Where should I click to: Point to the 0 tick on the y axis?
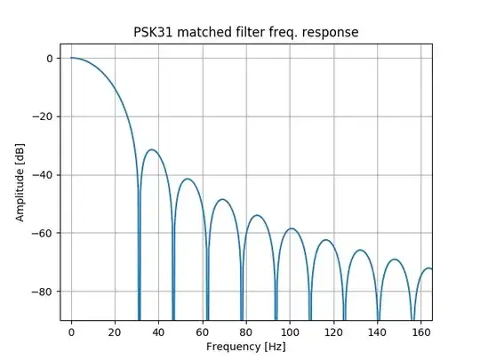click(49, 59)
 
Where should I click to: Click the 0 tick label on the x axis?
click(71, 332)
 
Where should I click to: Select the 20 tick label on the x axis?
click(115, 332)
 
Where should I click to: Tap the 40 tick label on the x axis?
click(158, 332)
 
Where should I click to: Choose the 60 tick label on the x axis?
click(202, 332)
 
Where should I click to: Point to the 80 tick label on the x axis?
click(245, 332)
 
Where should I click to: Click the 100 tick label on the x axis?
click(289, 332)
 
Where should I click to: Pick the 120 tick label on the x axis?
click(332, 332)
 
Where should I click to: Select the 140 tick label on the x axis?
click(376, 332)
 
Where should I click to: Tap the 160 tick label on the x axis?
click(420, 332)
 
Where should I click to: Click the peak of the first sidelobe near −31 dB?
click(152, 149)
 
